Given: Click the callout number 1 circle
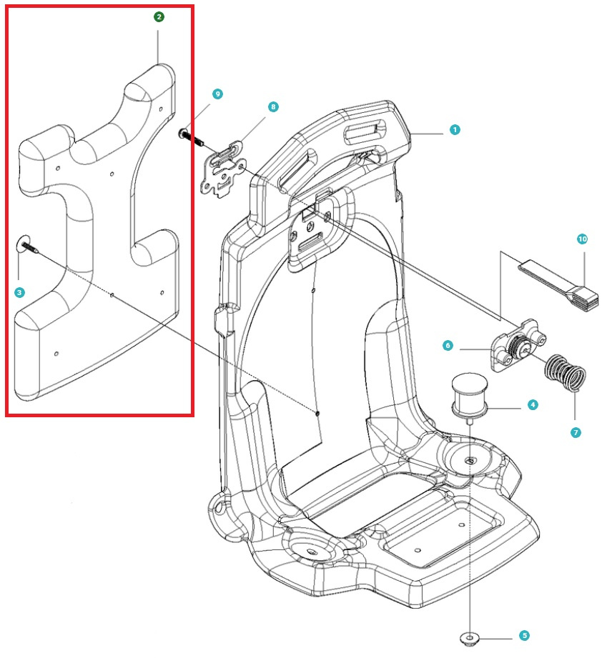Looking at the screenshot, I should point(454,130).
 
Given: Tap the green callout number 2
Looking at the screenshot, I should point(159,16).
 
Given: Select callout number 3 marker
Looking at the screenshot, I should point(19,292).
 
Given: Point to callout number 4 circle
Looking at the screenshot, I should point(533,405).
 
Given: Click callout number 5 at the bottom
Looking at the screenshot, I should point(524,634).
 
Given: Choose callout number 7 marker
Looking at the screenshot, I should point(576,432).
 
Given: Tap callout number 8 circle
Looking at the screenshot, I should point(273,106).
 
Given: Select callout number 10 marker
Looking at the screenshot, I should point(581,239).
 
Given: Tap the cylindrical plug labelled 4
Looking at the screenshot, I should point(468,394).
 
